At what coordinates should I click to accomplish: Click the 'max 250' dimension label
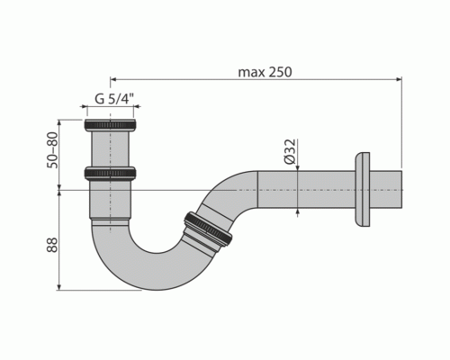265,72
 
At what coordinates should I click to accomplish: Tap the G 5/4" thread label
114,98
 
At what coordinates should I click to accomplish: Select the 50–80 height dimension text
52,150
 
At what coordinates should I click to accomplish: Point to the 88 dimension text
52,245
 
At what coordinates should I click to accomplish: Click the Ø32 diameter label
290,151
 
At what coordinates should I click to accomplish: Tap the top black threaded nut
110,125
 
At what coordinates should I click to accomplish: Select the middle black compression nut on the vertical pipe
111,174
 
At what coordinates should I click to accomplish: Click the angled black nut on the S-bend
208,229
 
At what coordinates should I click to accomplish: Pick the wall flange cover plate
363,190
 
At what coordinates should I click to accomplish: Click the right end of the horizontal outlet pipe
401,189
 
